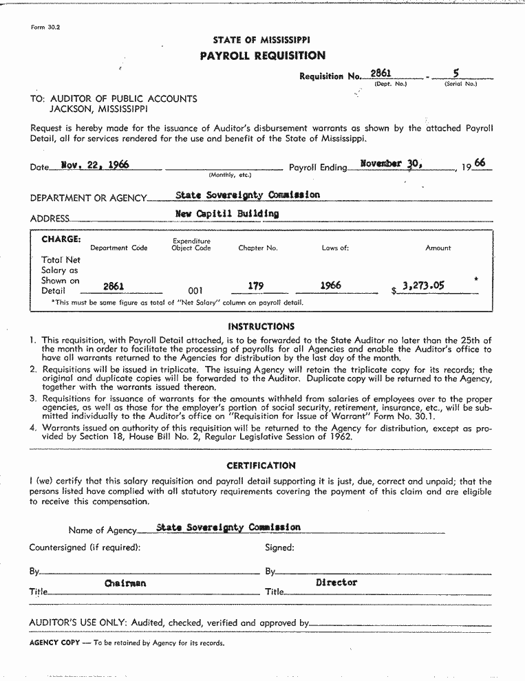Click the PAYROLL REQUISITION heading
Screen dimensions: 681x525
262,56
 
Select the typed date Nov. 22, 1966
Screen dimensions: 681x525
95,165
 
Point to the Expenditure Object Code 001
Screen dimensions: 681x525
195,291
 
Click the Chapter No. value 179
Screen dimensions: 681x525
255,285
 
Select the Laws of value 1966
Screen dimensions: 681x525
330,285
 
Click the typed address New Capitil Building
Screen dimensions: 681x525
227,213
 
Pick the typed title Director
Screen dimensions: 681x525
336,583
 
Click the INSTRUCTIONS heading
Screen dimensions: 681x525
261,327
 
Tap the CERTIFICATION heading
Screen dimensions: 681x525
261,466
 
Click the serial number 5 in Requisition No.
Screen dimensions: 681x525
456,72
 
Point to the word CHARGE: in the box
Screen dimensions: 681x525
61,239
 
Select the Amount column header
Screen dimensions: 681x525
438,248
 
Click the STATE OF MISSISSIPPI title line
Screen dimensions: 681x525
261,41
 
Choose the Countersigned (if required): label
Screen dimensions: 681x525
85,548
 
